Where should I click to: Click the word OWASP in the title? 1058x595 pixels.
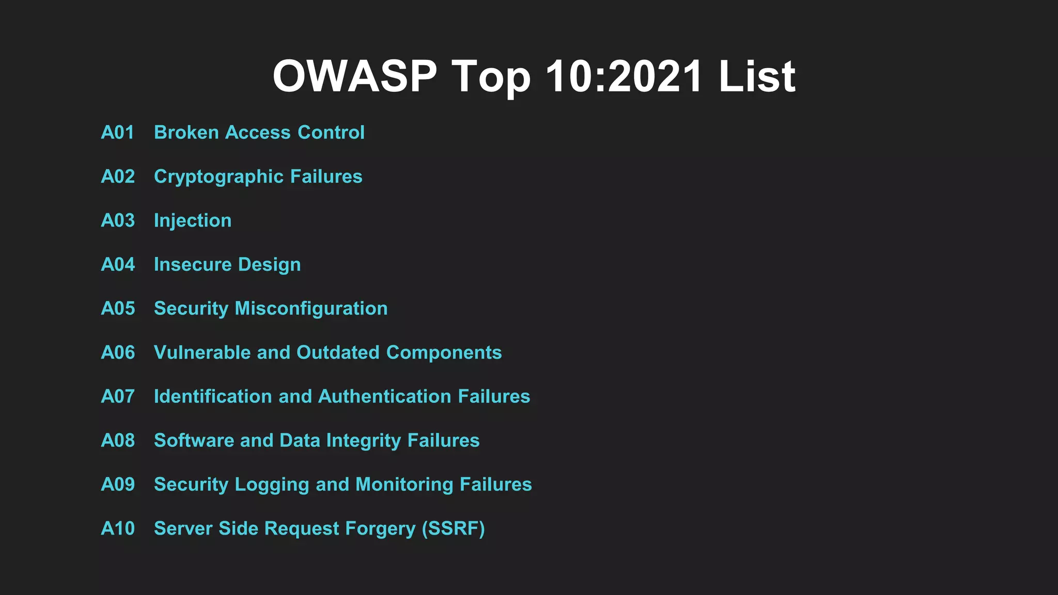pos(354,76)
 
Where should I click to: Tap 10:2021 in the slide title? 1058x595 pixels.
pos(624,76)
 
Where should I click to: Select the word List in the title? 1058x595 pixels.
pos(757,76)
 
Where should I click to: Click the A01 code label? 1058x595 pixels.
pos(118,133)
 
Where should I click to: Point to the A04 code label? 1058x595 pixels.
pos(118,264)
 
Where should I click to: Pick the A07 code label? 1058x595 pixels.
pos(118,396)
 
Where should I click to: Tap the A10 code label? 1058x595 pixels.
pos(118,528)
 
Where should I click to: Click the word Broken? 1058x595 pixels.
pos(186,133)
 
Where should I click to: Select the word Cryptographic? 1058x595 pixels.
pos(219,177)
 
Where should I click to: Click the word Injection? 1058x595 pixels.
pos(193,221)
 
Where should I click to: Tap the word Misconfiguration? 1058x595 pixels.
pos(311,309)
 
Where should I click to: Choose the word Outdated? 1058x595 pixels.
pos(338,352)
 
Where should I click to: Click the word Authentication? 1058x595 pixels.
pos(385,396)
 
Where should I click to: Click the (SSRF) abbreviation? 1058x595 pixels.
pos(453,529)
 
